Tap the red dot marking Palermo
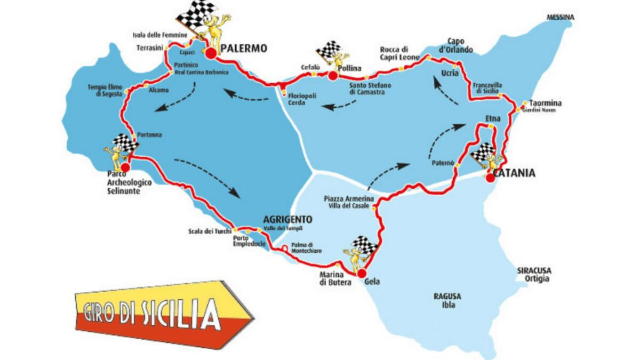click(x=211, y=52)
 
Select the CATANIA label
click(x=514, y=173)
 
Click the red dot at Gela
click(x=362, y=273)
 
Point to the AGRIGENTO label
click(x=287, y=219)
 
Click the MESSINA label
click(x=561, y=17)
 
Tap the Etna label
click(x=492, y=117)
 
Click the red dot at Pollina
click(x=332, y=76)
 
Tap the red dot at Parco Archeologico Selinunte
click(x=126, y=165)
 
